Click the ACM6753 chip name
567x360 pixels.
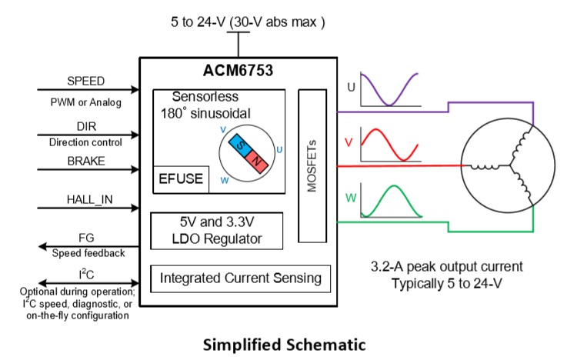238,72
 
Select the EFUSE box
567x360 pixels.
180,178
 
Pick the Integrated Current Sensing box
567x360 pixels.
241,278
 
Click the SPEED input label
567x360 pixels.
85,81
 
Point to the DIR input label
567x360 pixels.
85,125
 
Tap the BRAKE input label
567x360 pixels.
85,161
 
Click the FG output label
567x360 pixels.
85,238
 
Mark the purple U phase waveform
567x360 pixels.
389,91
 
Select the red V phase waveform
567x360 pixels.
389,144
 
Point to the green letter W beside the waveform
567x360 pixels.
351,198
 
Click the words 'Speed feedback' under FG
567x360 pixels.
85,252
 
